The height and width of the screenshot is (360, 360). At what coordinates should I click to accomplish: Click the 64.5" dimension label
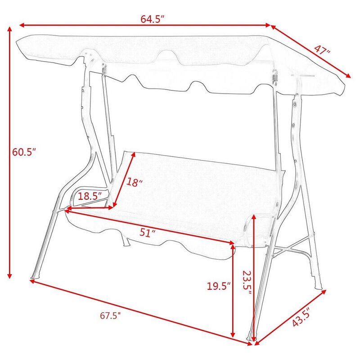tap(152, 19)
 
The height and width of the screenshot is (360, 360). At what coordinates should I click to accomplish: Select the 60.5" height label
tap(24, 152)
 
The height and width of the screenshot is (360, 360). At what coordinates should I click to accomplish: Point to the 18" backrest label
tap(134, 182)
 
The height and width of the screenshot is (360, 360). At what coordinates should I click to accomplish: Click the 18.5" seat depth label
tap(89, 196)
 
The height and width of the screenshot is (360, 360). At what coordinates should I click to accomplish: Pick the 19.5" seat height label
tap(219, 286)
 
